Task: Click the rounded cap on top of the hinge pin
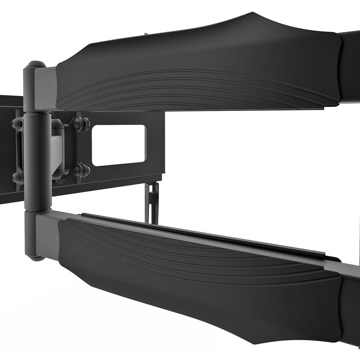[36, 65]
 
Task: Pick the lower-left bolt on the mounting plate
[17, 177]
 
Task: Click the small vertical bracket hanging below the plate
[152, 202]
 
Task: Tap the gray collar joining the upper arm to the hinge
[46, 88]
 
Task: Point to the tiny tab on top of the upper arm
[145, 35]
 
